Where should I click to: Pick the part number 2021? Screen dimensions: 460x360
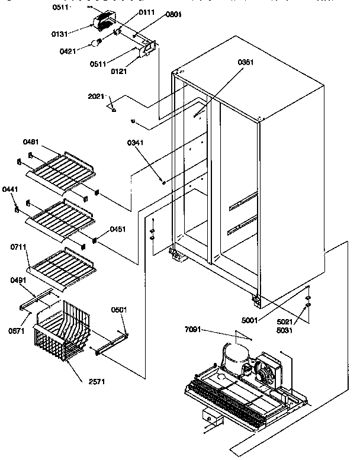[x=97, y=96]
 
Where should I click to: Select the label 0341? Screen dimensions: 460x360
[x=136, y=143]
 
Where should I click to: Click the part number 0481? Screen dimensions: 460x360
[x=32, y=142]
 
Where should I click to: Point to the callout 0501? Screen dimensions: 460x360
[x=120, y=310]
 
